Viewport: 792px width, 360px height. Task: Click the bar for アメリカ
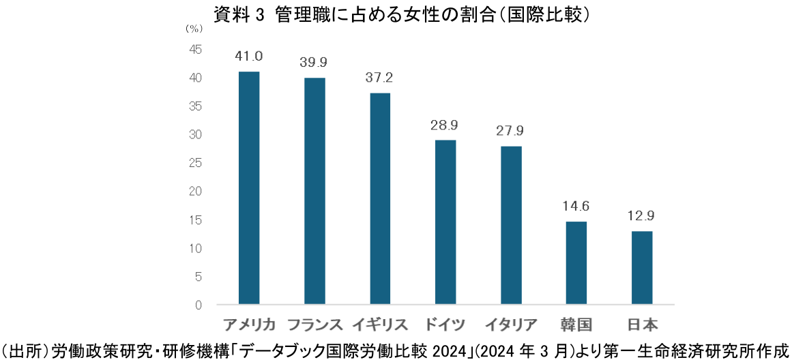tap(248, 187)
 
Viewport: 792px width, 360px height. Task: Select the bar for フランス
tap(314, 191)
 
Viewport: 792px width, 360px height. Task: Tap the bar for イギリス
tap(379, 198)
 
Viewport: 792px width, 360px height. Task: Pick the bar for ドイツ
tap(445, 222)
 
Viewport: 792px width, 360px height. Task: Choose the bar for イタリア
tap(511, 225)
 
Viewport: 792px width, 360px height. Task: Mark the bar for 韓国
tap(576, 262)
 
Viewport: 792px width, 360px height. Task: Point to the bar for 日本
tap(642, 267)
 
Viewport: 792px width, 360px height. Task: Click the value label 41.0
tap(248, 56)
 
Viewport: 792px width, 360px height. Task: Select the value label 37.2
tap(379, 77)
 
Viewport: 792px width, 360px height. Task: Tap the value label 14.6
tap(576, 206)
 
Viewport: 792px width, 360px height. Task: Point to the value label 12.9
tap(642, 215)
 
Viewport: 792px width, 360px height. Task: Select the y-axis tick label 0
tap(199, 305)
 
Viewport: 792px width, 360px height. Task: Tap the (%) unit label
tap(194, 29)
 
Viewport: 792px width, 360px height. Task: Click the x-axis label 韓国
tap(576, 324)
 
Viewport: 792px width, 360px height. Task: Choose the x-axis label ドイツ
tap(445, 324)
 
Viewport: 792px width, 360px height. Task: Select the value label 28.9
tap(445, 125)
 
